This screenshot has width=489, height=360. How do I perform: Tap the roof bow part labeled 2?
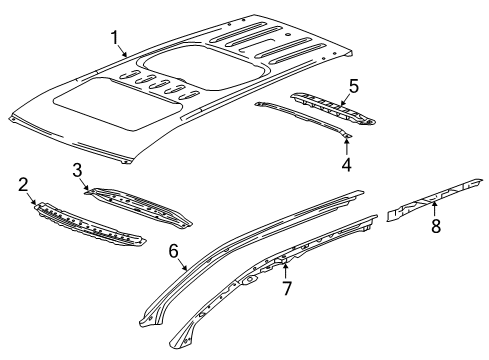pyautogui.click(x=90, y=227)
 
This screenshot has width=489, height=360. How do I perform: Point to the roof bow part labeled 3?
pyautogui.click(x=140, y=204)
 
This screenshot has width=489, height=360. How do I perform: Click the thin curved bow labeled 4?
pyautogui.click(x=300, y=117)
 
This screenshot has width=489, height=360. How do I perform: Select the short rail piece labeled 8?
pyautogui.click(x=430, y=200)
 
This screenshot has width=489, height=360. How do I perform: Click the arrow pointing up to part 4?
pyautogui.click(x=348, y=143)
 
